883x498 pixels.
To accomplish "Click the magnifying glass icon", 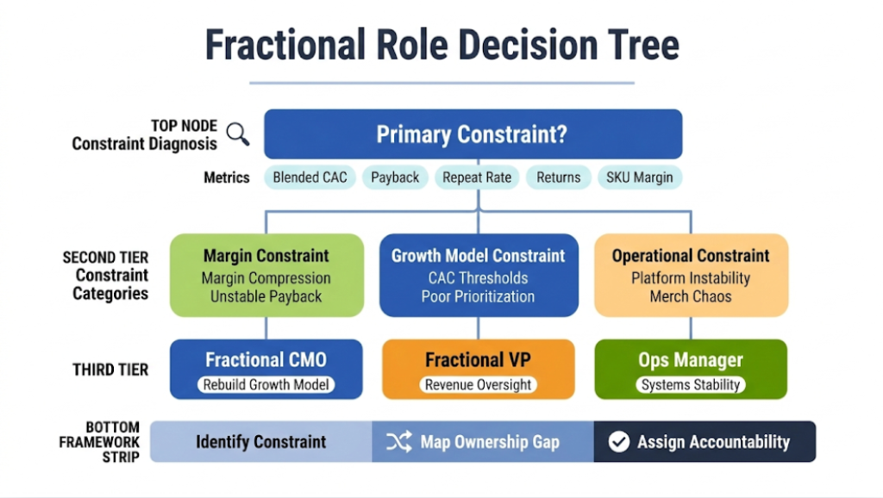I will (238, 134).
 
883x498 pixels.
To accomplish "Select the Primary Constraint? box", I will (473, 134).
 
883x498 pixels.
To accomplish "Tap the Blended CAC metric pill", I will (310, 177).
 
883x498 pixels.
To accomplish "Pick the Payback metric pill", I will (395, 177).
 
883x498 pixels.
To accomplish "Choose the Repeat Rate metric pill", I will (477, 177).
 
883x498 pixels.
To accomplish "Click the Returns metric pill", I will (558, 177).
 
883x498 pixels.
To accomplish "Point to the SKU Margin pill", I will (640, 177).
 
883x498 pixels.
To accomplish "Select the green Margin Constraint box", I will (266, 275).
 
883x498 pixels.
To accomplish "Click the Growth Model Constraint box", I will (478, 275).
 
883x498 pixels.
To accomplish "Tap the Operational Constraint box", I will (691, 275).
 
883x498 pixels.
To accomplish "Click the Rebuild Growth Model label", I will (266, 385).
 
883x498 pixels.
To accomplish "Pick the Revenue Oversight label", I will (478, 385).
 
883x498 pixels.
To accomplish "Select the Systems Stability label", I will (691, 385).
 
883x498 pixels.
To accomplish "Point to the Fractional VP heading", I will (478, 360).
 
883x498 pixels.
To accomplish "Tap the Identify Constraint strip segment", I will (260, 442).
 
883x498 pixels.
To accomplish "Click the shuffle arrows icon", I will (398, 442).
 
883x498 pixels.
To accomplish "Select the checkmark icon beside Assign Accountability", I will (618, 442).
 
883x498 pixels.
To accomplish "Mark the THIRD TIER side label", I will (110, 370).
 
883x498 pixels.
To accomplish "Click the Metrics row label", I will (227, 177).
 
